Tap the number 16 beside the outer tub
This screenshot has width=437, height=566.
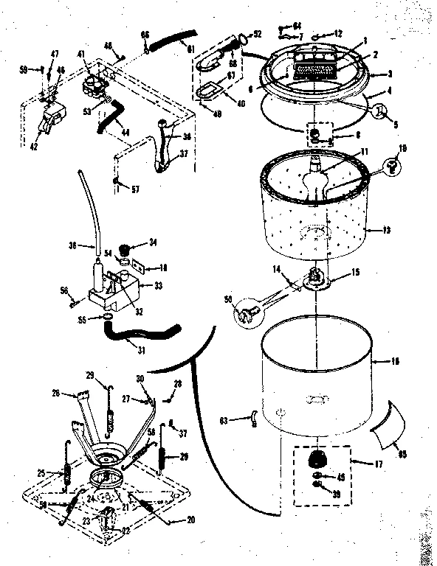pos(395,362)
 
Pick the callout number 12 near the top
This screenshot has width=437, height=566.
pos(338,34)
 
